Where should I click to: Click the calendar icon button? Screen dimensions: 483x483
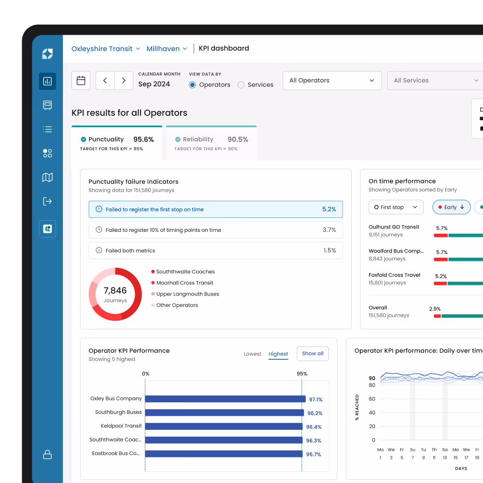[81, 81]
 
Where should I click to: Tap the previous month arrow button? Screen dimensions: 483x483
[105, 81]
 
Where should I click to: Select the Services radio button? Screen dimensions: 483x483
[241, 85]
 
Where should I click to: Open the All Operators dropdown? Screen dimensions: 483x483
[332, 81]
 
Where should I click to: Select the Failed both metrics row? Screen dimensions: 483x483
[215, 251]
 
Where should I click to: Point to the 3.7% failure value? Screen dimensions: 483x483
[329, 230]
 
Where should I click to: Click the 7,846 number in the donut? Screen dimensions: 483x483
[115, 291]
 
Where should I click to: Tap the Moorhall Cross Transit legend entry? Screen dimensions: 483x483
[185, 283]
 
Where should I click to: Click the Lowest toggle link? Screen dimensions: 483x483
[253, 354]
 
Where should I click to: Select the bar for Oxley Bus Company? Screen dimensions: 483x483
[225, 399]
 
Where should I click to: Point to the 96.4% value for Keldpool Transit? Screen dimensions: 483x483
[314, 427]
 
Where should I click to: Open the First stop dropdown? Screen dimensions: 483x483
[396, 207]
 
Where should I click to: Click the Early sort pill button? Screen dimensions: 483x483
[451, 207]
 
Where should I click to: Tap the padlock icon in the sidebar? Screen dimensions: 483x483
[47, 455]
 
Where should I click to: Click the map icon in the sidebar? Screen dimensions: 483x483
[47, 177]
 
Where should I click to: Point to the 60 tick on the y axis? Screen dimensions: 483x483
[372, 399]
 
